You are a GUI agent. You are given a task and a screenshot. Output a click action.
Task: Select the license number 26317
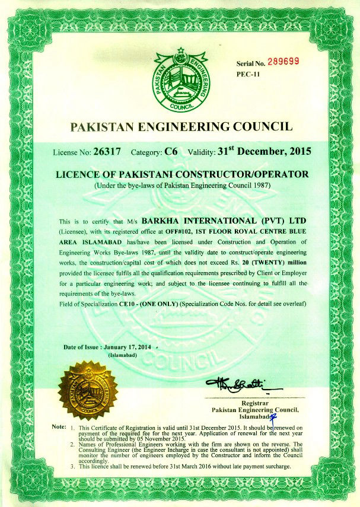point(107,152)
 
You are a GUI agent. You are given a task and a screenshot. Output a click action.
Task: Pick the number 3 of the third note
point(72,467)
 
